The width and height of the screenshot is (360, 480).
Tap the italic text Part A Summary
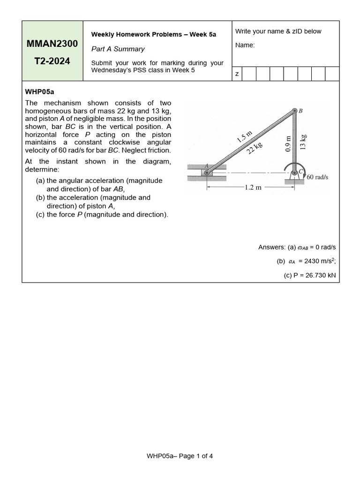pos(118,49)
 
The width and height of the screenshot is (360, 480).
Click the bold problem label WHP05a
pos(40,92)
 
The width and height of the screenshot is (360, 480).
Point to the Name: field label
pos(245,45)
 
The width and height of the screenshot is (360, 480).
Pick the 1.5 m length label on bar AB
pos(244,136)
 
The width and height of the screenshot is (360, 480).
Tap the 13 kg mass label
pos(303,142)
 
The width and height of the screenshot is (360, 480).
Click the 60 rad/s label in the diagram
pos(317,177)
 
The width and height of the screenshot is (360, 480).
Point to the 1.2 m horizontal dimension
pos(253,187)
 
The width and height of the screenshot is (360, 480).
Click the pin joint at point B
pos(295,111)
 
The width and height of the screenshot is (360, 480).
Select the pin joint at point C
pos(295,172)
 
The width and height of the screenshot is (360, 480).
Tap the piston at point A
pos(207,172)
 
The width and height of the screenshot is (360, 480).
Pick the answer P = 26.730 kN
pos(310,276)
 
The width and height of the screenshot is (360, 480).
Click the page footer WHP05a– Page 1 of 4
pos(180,456)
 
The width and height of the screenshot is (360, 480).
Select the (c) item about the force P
pos(102,215)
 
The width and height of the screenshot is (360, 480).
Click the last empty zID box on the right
pos(332,74)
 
